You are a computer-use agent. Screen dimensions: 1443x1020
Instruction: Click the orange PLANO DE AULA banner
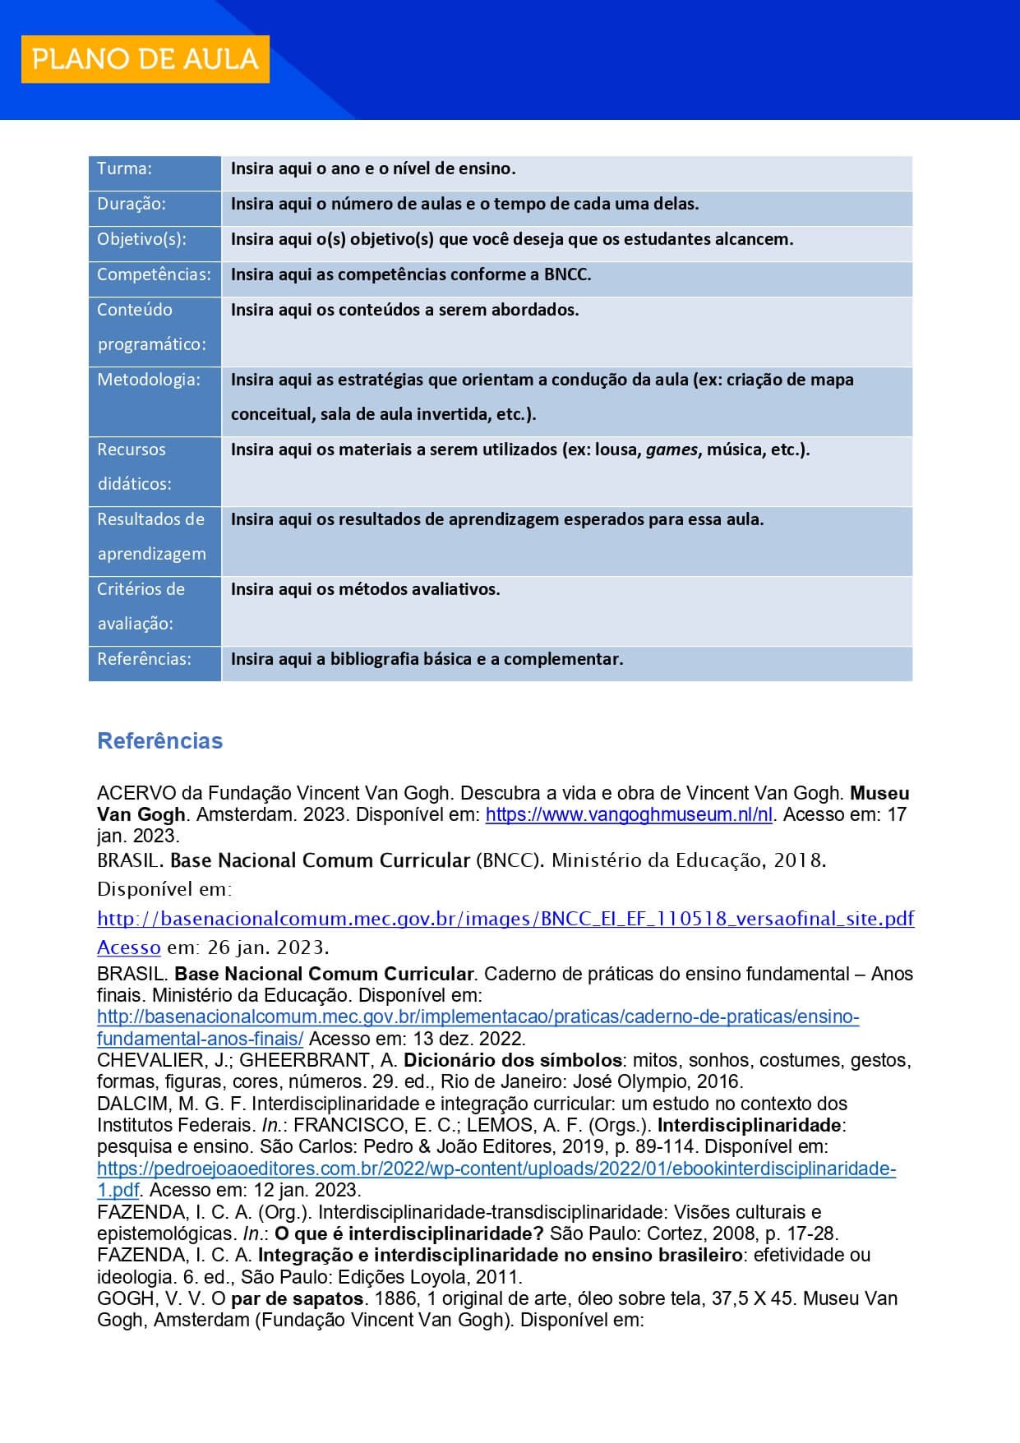(x=145, y=59)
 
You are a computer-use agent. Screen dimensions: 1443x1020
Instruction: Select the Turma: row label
(x=125, y=169)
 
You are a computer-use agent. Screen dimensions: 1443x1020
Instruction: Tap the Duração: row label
(x=132, y=204)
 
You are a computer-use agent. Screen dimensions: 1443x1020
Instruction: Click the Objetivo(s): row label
(x=141, y=239)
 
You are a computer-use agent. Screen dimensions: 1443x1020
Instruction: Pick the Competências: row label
(x=154, y=274)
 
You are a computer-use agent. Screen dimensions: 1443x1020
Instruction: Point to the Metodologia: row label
(x=149, y=380)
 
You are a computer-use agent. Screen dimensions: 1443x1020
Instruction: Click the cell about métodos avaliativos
(x=365, y=589)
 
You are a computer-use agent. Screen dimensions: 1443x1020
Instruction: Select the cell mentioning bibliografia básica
(x=427, y=659)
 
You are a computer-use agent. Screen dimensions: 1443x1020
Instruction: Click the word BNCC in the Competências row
(x=566, y=274)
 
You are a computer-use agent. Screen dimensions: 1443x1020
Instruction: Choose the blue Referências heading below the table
(x=159, y=741)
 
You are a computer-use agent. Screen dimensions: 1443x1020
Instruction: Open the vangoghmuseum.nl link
(x=629, y=815)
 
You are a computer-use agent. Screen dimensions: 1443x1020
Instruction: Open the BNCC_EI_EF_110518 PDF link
(x=505, y=919)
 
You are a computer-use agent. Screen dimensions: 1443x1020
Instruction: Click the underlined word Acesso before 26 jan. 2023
(x=128, y=947)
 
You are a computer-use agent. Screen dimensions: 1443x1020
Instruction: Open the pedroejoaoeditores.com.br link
(x=496, y=1169)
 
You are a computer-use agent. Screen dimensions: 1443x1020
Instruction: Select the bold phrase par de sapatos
(x=298, y=1298)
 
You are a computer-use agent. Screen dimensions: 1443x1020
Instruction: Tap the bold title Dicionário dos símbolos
(x=513, y=1060)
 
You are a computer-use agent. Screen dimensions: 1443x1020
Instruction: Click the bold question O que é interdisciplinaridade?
(x=409, y=1233)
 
